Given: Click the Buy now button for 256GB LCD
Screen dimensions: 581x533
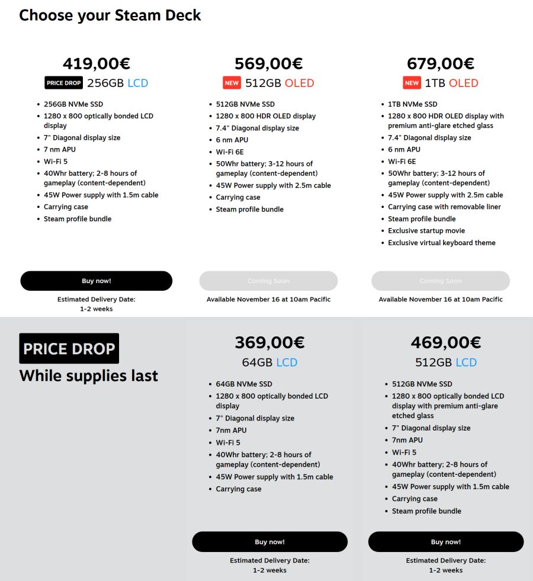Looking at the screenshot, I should [x=96, y=281].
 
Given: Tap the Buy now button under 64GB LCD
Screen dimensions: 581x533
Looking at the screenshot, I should [x=269, y=542].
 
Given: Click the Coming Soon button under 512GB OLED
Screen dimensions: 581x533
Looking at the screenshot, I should [x=268, y=281].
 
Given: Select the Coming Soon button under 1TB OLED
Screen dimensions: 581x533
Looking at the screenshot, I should [x=440, y=281].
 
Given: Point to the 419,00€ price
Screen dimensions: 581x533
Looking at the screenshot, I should [x=97, y=63].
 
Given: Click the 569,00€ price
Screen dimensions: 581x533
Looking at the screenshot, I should [x=268, y=63].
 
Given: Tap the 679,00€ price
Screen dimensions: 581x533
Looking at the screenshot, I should [x=440, y=63].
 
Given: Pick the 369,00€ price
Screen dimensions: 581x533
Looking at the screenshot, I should [x=269, y=342].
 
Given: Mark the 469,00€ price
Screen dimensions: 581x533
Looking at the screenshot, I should [x=445, y=342].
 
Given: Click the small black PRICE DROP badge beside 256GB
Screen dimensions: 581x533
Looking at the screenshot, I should [x=64, y=83].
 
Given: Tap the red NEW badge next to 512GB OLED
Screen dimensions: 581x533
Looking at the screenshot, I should [x=232, y=83].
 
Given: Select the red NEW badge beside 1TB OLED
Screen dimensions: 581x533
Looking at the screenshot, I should [x=412, y=83].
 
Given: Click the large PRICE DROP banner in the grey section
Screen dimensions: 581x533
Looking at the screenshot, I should [x=69, y=348].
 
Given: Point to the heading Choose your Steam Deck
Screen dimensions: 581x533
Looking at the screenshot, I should [x=110, y=15].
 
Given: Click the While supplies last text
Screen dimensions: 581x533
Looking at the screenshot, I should [x=89, y=376].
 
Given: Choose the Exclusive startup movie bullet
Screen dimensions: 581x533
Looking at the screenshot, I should [x=426, y=230].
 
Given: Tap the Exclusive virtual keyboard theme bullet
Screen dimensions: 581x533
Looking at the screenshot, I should [x=442, y=243].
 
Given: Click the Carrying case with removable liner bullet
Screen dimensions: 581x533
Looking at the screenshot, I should [x=444, y=207].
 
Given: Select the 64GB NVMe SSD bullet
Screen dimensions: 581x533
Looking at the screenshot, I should [x=244, y=384].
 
